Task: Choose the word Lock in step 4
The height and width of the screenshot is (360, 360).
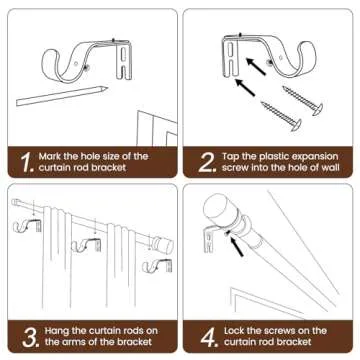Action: [x=237, y=331]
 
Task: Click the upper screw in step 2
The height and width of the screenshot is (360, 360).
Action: [x=304, y=99]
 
